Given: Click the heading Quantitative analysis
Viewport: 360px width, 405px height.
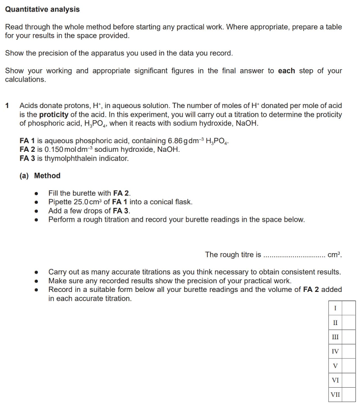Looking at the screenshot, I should click(x=42, y=9).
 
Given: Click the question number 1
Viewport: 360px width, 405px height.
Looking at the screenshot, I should click(x=7, y=106).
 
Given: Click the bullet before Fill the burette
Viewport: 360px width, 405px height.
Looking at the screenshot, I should click(x=36, y=194).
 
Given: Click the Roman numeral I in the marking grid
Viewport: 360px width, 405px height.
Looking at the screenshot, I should click(x=335, y=308).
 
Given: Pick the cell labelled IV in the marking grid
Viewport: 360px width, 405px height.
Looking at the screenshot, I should click(x=335, y=352).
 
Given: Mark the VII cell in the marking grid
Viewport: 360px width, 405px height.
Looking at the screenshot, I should click(x=335, y=394).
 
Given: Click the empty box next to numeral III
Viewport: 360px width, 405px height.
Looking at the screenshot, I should click(x=348, y=337).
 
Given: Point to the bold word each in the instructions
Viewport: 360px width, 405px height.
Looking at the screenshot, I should click(x=286, y=71).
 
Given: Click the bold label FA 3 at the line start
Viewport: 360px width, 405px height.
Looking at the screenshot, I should click(x=28, y=158).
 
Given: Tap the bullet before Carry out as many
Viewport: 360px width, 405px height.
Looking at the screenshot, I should click(x=36, y=273).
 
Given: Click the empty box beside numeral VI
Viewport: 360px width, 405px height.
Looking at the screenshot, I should click(x=348, y=380).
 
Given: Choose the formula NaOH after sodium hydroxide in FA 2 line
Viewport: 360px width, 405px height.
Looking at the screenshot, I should click(x=164, y=149).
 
